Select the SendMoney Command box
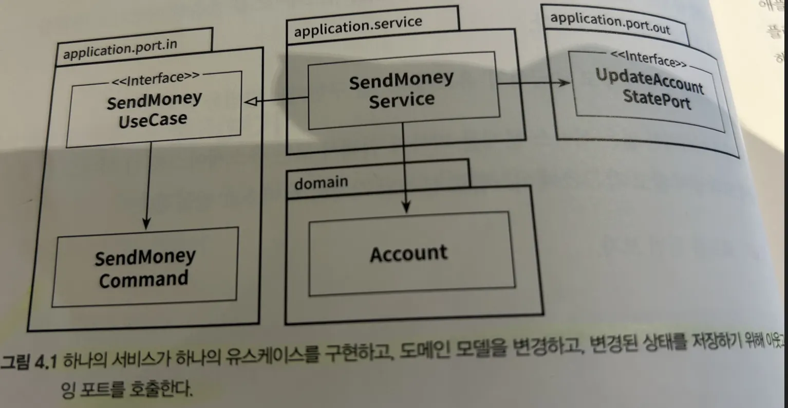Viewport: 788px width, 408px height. pos(144,268)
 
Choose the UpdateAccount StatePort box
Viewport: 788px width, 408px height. pos(648,89)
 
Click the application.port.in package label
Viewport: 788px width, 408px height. pos(119,49)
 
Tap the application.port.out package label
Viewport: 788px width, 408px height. pos(610,23)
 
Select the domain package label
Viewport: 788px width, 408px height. pos(321,182)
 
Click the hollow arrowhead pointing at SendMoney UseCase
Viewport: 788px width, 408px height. pos(250,103)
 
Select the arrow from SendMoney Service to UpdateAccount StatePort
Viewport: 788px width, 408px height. pos(534,83)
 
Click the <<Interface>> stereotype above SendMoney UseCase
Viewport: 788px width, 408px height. pos(155,78)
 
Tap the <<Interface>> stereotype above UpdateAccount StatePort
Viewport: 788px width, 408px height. pos(648,60)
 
